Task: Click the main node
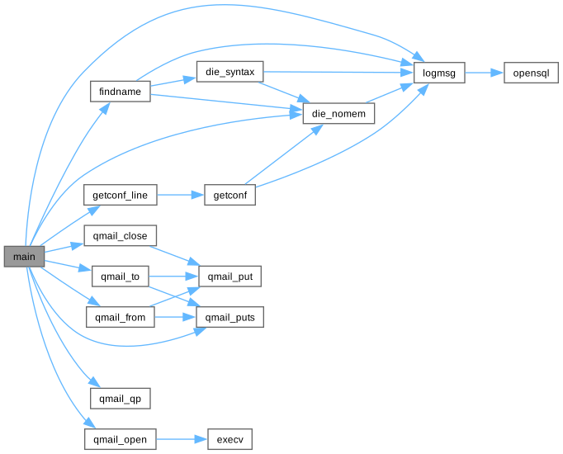(x=24, y=257)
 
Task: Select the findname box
(x=120, y=91)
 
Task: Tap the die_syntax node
(x=229, y=73)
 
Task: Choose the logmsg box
(x=438, y=73)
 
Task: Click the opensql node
(x=531, y=73)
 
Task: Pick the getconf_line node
(x=121, y=196)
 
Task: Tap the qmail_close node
(x=121, y=236)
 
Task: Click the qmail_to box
(x=121, y=277)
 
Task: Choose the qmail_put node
(x=230, y=277)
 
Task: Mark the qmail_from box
(x=121, y=317)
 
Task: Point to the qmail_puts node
(x=230, y=317)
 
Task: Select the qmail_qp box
(x=121, y=398)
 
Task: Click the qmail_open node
(x=121, y=438)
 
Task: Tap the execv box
(x=230, y=438)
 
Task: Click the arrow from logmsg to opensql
(x=483, y=73)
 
